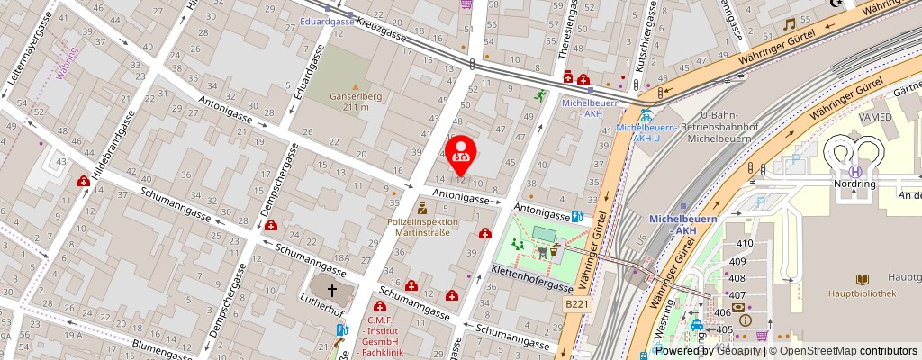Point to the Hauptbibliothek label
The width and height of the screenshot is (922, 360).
point(863,293)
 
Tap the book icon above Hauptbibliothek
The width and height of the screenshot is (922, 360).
point(863,280)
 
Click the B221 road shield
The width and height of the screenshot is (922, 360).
point(576,305)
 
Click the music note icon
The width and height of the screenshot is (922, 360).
point(789,24)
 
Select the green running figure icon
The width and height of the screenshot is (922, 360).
point(540,94)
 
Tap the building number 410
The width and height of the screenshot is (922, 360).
point(745,244)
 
